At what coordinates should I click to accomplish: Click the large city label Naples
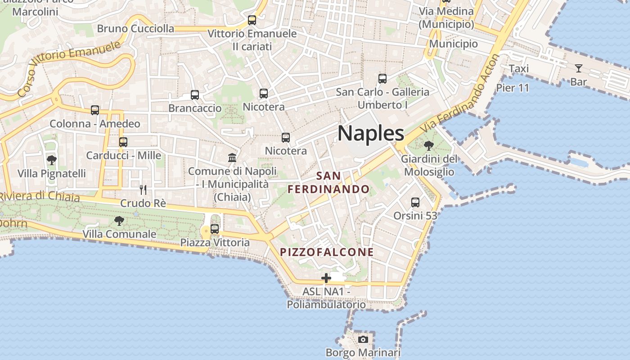click(x=371, y=134)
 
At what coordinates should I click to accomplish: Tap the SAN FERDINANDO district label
click(x=328, y=182)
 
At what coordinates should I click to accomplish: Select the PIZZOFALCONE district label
click(x=327, y=252)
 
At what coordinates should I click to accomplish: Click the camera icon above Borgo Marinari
click(x=363, y=339)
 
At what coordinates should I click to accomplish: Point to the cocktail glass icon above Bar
click(x=578, y=68)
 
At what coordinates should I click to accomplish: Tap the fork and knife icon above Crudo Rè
click(x=143, y=189)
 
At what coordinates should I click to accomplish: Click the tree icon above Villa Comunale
click(x=119, y=220)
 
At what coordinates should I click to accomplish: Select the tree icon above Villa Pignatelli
click(x=52, y=160)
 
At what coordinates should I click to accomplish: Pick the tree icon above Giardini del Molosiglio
click(x=428, y=145)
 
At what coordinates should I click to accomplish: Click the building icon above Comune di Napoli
click(x=232, y=157)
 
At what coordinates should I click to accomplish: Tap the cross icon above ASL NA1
click(x=326, y=278)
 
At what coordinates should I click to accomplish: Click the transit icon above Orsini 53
click(x=415, y=202)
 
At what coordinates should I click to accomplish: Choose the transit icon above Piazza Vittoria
click(x=215, y=229)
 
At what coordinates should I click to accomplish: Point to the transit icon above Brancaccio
click(x=195, y=95)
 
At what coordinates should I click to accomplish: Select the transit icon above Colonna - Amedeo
click(x=95, y=110)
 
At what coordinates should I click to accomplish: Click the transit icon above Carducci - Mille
click(x=123, y=142)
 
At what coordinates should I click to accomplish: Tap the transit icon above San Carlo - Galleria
click(x=382, y=79)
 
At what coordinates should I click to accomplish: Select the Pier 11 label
click(x=513, y=88)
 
